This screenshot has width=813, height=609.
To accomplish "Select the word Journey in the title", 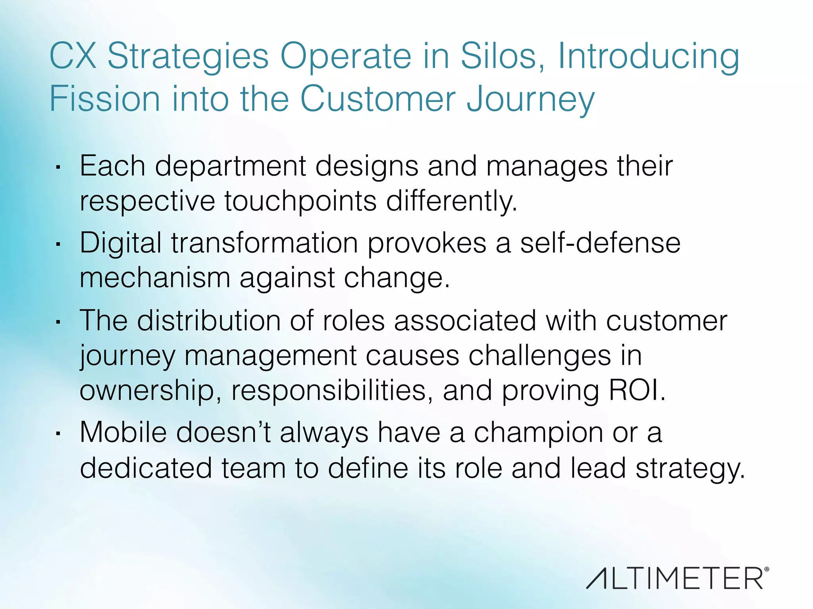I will pos(530,99).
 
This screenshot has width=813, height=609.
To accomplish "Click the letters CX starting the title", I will pos(73,56).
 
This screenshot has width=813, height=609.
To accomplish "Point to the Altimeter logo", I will pos(675,578).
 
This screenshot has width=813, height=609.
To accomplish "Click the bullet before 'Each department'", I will pos(58,168).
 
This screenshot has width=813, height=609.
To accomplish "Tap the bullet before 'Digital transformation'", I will pos(58,245).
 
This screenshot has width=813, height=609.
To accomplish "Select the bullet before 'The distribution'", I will pos(58,322).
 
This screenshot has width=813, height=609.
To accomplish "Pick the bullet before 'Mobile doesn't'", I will pos(58,434).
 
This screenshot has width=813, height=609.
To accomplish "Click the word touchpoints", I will pos(300,201).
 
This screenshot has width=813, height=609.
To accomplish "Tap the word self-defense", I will pos(600,243).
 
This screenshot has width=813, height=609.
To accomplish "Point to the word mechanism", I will pos(155,278).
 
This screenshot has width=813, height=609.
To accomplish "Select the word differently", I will pos(452,201).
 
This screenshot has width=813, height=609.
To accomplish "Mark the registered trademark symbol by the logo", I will pos(766,569).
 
